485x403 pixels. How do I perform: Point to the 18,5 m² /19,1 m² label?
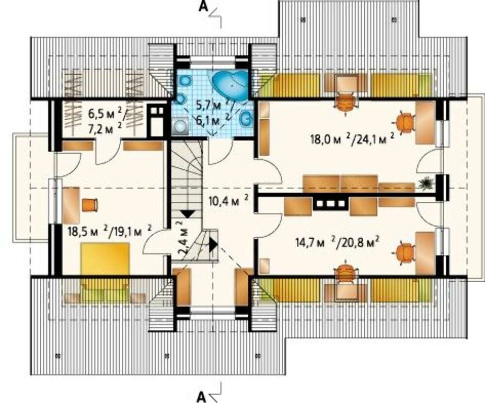tap(110, 230)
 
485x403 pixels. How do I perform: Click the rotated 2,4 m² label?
tap(183, 238)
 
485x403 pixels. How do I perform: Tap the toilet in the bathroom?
tap(185, 81)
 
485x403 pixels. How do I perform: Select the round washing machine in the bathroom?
tap(180, 127)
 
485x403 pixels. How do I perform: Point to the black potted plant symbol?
tap(426, 183)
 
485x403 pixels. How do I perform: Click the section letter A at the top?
tap(203, 6)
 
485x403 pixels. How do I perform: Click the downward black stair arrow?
tap(187, 214)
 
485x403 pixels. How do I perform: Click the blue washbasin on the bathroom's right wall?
tap(247, 118)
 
